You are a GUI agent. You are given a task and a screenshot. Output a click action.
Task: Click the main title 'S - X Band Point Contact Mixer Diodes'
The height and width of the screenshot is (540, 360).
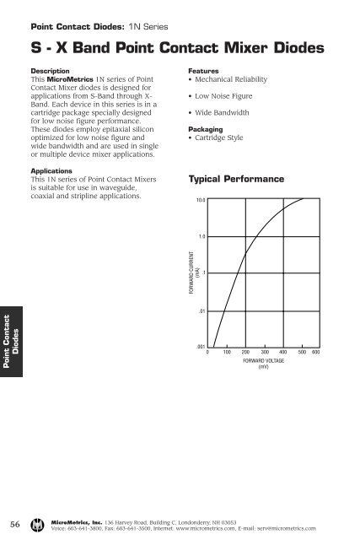177,49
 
